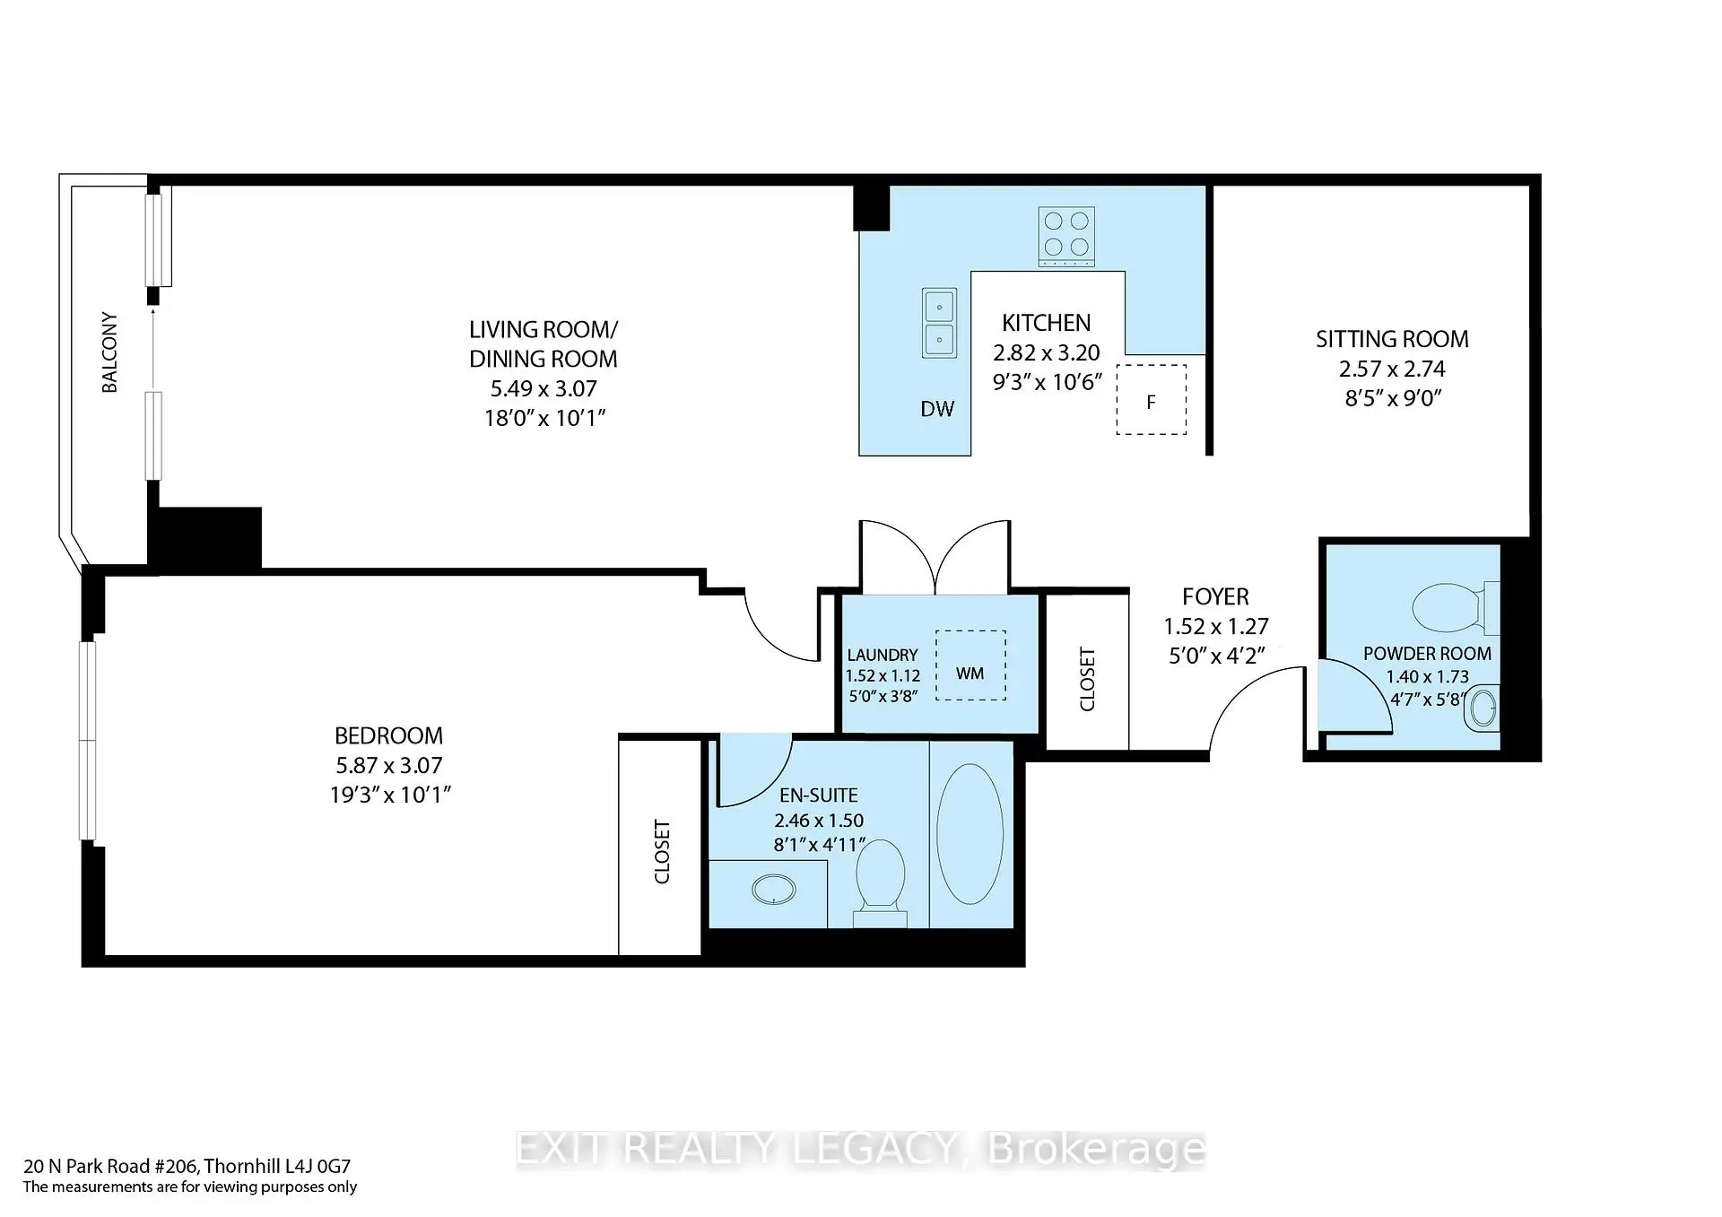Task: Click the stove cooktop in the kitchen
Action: coord(1066,237)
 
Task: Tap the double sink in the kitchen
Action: coord(939,323)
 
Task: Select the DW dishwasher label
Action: coord(937,409)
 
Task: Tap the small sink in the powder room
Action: coord(1483,708)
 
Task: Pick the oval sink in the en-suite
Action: coord(774,891)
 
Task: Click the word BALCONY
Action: coord(109,352)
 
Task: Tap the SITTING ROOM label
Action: coord(1392,339)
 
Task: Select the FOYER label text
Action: coord(1215,596)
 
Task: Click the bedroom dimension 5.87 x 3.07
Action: coord(389,765)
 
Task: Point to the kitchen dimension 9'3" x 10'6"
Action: coord(1047,382)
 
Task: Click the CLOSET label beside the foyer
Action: coord(1087,679)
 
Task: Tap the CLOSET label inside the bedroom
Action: coord(662,851)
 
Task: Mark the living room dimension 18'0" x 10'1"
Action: coord(545,418)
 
